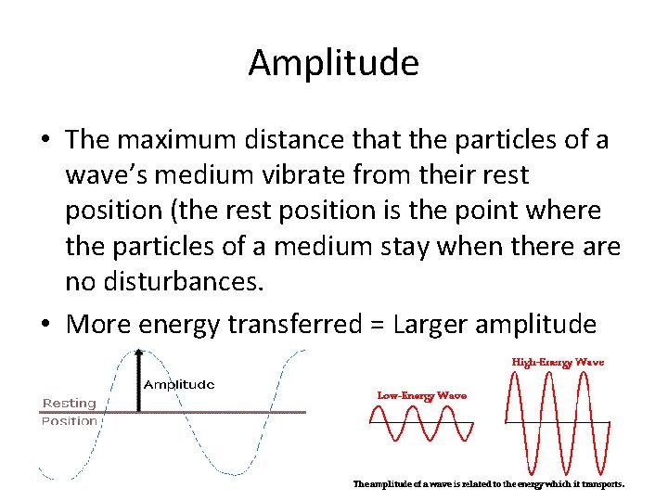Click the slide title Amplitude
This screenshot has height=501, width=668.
click(333, 63)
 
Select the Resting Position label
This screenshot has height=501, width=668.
click(70, 411)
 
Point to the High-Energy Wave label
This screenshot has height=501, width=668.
click(558, 362)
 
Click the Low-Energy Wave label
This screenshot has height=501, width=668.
click(421, 395)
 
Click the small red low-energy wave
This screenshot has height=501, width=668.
click(421, 424)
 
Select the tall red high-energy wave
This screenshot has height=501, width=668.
click(557, 423)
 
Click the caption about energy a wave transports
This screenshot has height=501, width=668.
click(489, 483)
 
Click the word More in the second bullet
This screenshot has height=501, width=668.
click(98, 324)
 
